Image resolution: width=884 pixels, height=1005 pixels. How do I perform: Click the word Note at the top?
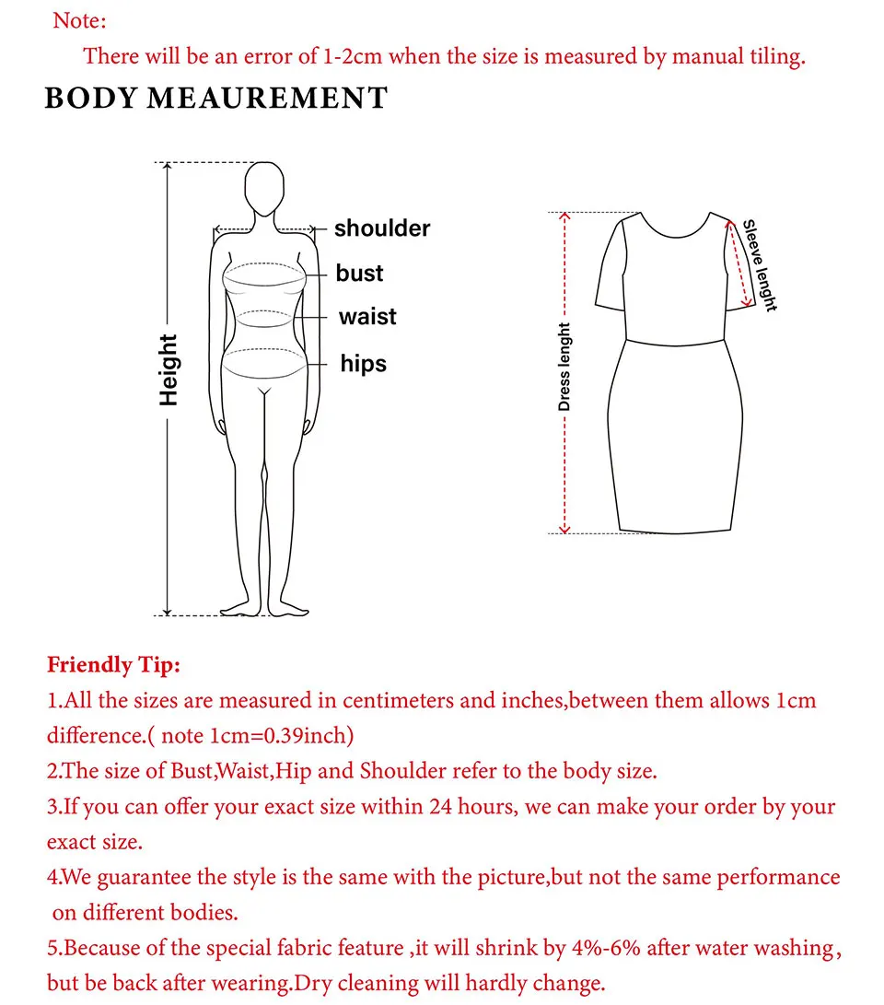coord(79,19)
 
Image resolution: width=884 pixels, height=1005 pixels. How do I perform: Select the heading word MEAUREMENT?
coord(268,99)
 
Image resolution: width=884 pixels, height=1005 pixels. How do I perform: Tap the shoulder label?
coord(382,228)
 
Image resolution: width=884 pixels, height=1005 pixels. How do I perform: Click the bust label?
coord(359,274)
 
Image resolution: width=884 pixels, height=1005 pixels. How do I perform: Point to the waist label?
coord(367,317)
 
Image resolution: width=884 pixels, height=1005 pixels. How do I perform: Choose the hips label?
coord(364,364)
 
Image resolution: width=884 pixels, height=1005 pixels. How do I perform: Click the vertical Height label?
coord(168,369)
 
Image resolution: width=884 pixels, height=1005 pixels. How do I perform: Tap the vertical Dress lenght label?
coord(564,367)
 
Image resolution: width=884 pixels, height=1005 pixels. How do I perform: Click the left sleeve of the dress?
coord(612,267)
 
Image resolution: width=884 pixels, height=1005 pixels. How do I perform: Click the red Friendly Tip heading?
coord(113,664)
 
